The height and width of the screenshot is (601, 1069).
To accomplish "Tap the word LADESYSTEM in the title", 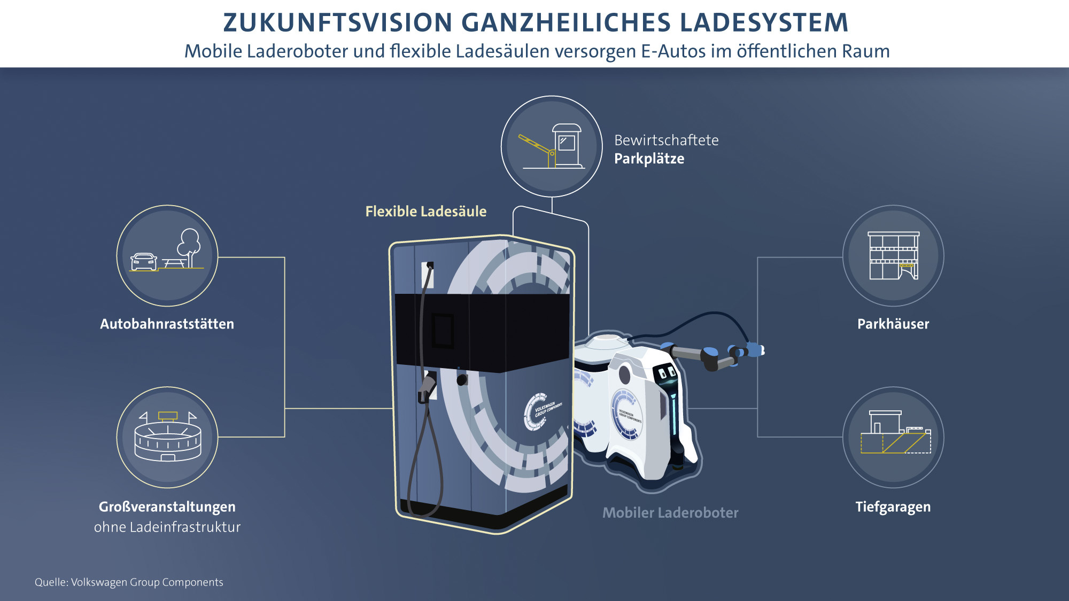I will [764, 23].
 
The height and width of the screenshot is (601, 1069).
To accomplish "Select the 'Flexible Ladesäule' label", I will [425, 212].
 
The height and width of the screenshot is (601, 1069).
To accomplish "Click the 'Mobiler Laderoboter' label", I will [670, 513].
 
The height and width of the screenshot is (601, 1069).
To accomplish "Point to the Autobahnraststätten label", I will [167, 324].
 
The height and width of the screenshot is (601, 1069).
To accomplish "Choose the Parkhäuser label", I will [893, 324].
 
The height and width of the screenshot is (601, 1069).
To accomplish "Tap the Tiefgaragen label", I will [893, 507].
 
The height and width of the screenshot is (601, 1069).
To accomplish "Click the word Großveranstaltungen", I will [167, 507].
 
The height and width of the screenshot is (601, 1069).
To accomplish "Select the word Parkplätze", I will [649, 159].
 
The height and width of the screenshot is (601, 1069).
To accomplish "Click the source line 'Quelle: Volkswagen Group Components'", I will [129, 582].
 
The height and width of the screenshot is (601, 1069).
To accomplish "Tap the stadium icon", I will [167, 437].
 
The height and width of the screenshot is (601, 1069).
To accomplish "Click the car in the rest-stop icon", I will [144, 262].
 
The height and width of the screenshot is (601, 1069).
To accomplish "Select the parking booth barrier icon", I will [552, 146].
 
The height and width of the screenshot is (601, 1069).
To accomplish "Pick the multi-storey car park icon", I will [893, 256].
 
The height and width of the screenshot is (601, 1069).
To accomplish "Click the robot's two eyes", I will [667, 372].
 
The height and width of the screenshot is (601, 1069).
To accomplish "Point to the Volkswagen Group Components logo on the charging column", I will [540, 411].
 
